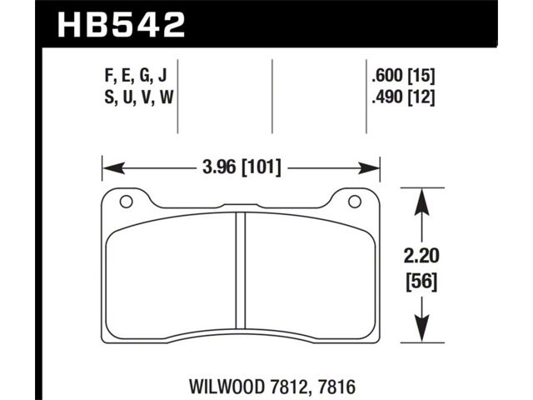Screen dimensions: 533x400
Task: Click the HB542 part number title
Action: [x=122, y=25]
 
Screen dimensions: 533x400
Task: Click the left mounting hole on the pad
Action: [x=126, y=202]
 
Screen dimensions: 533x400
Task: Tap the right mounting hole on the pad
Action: [x=355, y=202]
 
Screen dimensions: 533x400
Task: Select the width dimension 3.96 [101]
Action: [x=242, y=167]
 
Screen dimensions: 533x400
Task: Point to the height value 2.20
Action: [x=421, y=256]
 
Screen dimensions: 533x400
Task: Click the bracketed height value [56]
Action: [x=421, y=282]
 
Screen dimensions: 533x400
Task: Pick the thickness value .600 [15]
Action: [x=403, y=76]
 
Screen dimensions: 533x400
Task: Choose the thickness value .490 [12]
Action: [x=403, y=98]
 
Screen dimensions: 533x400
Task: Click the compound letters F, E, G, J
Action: [x=136, y=76]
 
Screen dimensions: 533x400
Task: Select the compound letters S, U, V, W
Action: [x=139, y=97]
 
